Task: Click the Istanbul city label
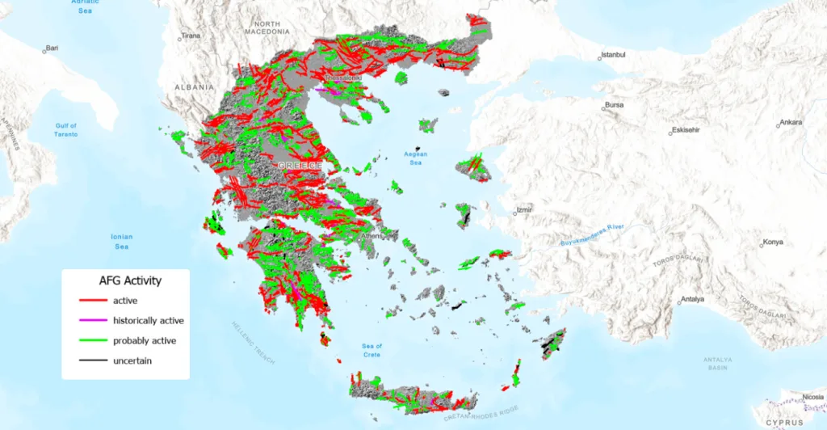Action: tap(615, 56)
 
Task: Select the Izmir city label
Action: tap(523, 212)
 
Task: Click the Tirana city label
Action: tap(191, 36)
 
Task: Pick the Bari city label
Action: tap(52, 48)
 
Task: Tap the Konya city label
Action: tap(774, 242)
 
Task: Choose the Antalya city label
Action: tap(692, 299)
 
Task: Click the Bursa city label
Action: tap(615, 105)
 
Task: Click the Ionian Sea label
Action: tap(121, 241)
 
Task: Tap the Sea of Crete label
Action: tap(372, 351)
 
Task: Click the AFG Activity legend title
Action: tap(130, 281)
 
